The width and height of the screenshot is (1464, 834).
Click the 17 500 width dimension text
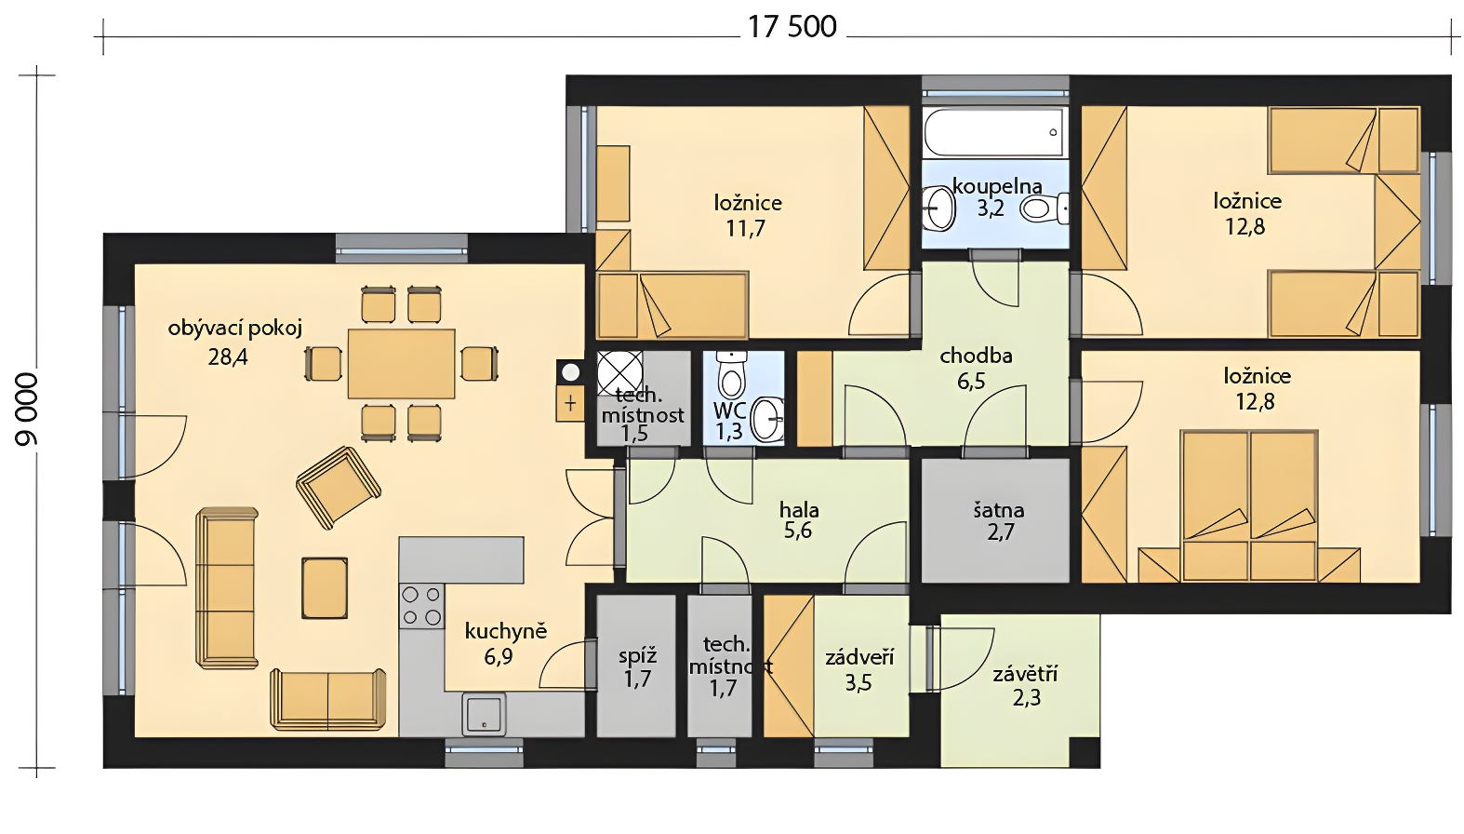pyautogui.click(x=792, y=28)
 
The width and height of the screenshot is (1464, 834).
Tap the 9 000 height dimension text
pyautogui.click(x=28, y=410)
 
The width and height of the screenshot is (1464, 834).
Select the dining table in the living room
pyautogui.click(x=401, y=364)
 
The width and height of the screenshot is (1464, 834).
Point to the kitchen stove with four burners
pyautogui.click(x=421, y=606)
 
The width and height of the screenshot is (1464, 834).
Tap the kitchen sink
pyautogui.click(x=485, y=714)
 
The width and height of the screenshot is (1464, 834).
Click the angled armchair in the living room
pyautogui.click(x=338, y=487)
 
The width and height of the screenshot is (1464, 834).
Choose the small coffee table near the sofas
pyautogui.click(x=325, y=587)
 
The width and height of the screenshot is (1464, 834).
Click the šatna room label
pyautogui.click(x=998, y=510)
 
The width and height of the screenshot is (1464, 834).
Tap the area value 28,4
pyautogui.click(x=228, y=357)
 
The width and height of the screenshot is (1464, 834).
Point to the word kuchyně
pyautogui.click(x=506, y=632)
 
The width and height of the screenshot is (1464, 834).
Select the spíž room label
pyautogui.click(x=637, y=655)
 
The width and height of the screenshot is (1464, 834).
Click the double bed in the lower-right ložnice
pyautogui.click(x=1249, y=505)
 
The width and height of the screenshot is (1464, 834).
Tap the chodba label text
pyautogui.click(x=976, y=356)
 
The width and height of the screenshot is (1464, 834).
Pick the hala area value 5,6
pyautogui.click(x=798, y=531)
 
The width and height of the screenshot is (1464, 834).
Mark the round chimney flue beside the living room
pyautogui.click(x=570, y=372)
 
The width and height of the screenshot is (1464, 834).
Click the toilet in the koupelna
pyautogui.click(x=1043, y=208)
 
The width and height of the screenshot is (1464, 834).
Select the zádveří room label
pyautogui.click(x=858, y=657)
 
